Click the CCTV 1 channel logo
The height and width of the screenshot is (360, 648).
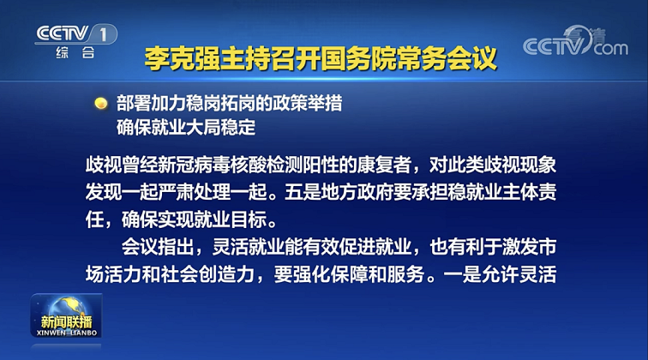pyautogui.click(x=76, y=34)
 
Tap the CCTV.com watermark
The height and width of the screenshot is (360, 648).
pyautogui.click(x=575, y=41)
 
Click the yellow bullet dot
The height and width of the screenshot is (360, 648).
pyautogui.click(x=101, y=103)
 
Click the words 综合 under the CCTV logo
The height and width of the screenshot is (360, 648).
pyautogui.click(x=75, y=52)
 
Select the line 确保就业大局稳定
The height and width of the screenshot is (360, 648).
pyautogui.click(x=186, y=128)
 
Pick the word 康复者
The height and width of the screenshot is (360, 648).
pyautogui.click(x=383, y=165)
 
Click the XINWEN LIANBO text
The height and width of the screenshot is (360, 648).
pyautogui.click(x=67, y=333)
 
